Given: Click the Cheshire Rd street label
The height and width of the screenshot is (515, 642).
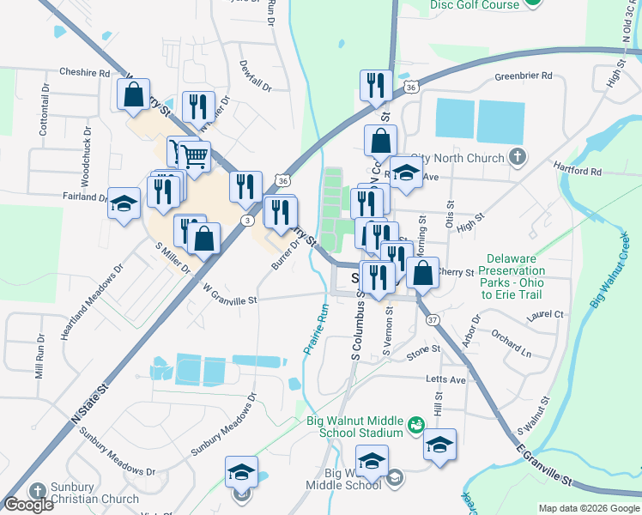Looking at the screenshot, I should point(85,74).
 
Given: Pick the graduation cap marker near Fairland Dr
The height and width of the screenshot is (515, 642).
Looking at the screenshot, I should point(124,203).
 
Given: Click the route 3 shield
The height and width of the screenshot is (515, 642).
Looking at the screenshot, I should point(246,221).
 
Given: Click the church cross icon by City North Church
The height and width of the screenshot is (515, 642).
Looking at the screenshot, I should point(517,157).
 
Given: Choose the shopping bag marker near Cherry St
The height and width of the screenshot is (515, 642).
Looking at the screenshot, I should point(423,273).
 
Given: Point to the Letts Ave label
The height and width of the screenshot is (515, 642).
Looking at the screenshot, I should point(445,379).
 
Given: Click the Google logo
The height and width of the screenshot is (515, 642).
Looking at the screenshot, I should point(29,505).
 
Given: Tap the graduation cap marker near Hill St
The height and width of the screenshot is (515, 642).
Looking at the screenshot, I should point(439,445).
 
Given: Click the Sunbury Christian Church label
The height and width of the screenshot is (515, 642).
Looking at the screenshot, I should point(94,499).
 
